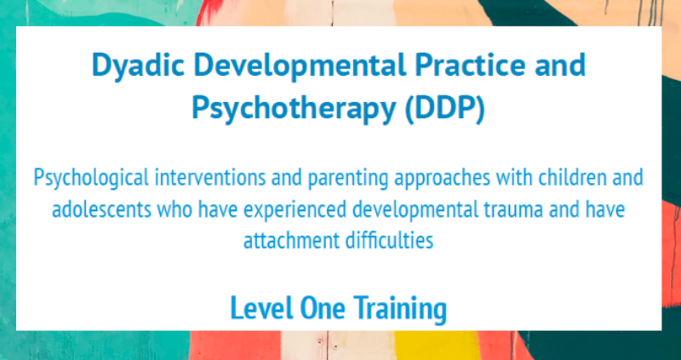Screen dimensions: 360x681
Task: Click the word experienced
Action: (285, 210)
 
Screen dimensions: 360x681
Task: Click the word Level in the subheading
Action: (259, 309)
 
